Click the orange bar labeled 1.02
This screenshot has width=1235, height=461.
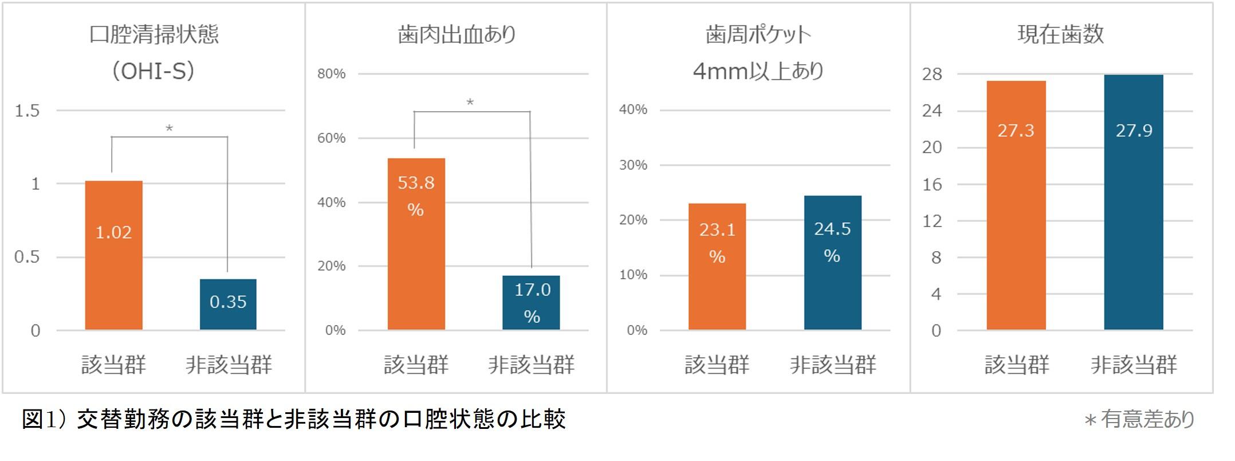coord(113,255)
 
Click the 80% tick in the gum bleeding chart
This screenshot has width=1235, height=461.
coord(332,74)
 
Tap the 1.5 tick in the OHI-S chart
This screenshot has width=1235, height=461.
coord(27,111)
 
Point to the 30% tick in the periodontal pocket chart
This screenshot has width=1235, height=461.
coord(633,165)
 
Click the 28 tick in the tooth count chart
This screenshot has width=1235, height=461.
coord(932,74)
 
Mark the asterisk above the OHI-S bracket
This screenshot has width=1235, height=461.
coord(169,129)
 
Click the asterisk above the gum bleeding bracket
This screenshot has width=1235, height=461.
coord(470,103)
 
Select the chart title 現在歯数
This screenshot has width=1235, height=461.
coord(1060,34)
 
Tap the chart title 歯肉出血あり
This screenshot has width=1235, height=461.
coord(457,34)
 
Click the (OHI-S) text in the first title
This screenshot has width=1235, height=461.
coord(153,71)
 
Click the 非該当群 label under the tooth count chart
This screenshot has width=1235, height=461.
coord(1133,365)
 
